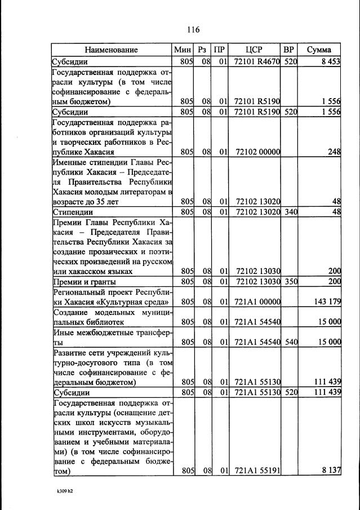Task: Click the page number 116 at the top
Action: pos(194,29)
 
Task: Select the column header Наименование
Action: pos(112,50)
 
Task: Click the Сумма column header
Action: pos(319,50)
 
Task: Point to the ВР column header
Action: pos(289,50)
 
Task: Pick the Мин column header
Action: pos(184,50)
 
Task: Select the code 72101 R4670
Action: pos(256,61)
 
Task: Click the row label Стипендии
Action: pos(69,212)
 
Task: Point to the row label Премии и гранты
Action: pos(84,281)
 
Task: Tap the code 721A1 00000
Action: pos(257,302)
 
